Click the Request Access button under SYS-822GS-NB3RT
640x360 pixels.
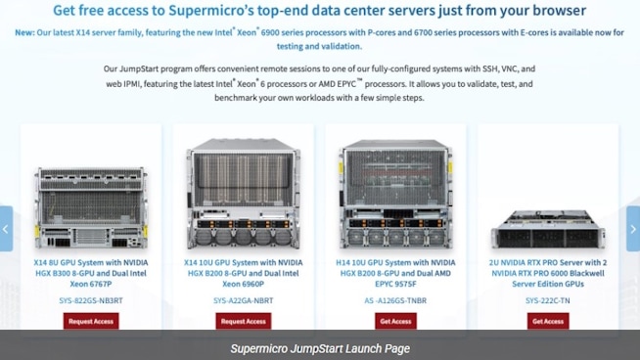coord(91,321)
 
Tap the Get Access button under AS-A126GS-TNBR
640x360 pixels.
coord(395,321)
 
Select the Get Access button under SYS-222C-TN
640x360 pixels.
coord(547,321)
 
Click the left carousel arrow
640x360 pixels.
coord(6,229)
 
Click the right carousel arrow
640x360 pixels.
coord(633,229)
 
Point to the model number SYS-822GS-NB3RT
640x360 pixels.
coord(91,300)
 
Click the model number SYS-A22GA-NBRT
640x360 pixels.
coord(243,300)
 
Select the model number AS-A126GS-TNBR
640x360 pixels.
coord(395,300)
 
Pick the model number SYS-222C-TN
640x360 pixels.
coord(547,300)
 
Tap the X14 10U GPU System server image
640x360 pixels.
coord(243,195)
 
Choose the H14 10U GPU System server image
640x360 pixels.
coord(395,195)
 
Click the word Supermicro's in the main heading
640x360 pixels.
coord(254,11)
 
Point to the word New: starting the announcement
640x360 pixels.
coord(25,32)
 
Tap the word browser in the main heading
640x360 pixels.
coord(553,11)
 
